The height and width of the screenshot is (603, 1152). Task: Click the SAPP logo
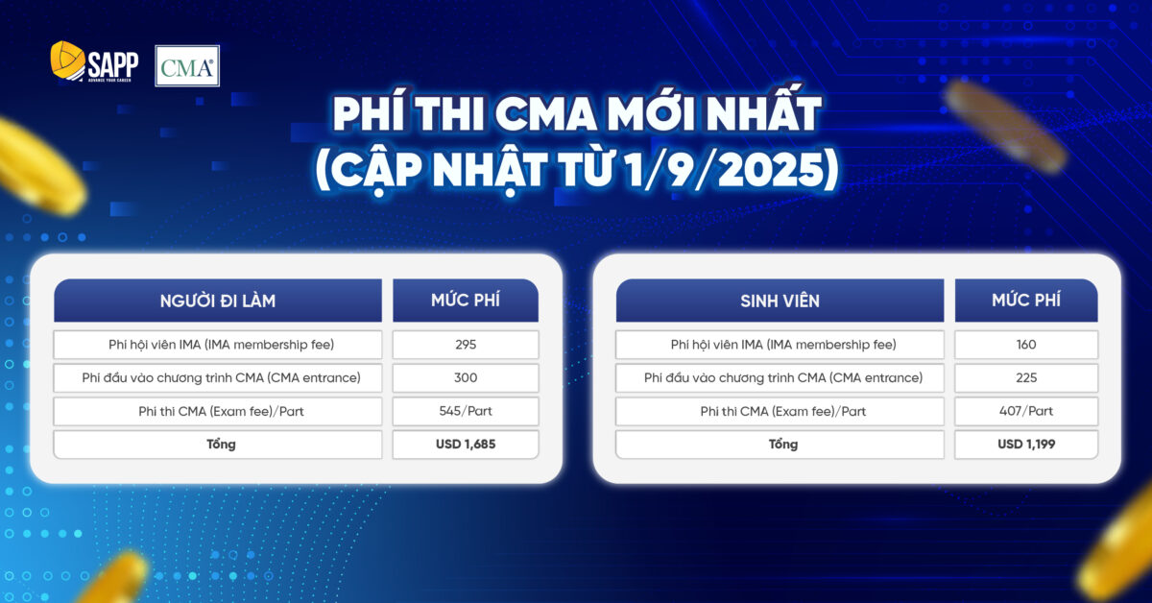(94, 64)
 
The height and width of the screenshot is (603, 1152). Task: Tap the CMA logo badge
(187, 66)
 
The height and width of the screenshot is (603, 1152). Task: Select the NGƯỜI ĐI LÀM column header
(218, 301)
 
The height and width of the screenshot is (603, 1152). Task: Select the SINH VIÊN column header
(780, 301)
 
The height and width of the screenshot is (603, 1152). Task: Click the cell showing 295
(466, 345)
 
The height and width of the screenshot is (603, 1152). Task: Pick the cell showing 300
(466, 378)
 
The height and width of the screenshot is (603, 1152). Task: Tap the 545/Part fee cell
(466, 411)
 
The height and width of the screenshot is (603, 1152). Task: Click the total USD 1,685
(466, 445)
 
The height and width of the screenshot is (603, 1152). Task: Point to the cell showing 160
(1026, 345)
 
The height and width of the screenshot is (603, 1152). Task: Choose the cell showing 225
(1026, 378)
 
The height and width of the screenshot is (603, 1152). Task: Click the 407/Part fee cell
(1026, 411)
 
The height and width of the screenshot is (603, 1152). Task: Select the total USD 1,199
(1026, 445)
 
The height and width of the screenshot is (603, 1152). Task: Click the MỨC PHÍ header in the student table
(1026, 301)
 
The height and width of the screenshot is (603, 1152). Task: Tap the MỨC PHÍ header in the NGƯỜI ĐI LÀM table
(466, 301)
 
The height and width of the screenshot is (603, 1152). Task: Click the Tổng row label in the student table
(780, 445)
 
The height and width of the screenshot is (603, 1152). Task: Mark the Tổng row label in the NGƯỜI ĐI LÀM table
(218, 445)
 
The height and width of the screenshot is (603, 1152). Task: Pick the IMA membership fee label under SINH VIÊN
(780, 345)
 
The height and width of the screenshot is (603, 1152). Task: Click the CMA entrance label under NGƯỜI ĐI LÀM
(218, 378)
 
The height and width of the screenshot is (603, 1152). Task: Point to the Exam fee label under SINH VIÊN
(780, 411)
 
